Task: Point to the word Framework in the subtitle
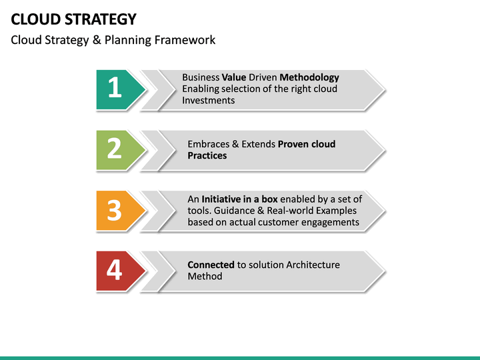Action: coord(185,40)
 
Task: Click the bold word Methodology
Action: coord(309,77)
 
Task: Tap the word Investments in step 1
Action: coord(209,100)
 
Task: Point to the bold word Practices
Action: coord(207,155)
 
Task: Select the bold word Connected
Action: coord(211,265)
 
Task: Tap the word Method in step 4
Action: coord(205,276)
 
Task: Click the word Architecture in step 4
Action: coord(313,265)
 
